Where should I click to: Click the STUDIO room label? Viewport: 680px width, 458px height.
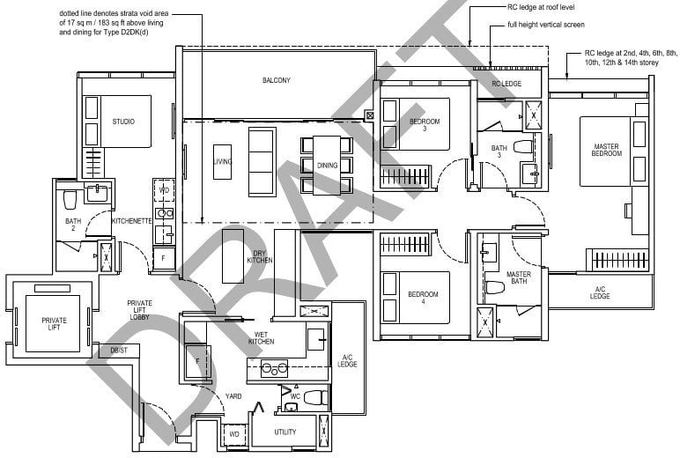point(123,121)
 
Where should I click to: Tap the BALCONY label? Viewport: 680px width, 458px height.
point(277,80)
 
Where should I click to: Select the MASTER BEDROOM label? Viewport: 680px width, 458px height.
point(607,150)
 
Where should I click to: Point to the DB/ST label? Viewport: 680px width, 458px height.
point(119,350)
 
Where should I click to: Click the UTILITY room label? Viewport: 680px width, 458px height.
point(285,432)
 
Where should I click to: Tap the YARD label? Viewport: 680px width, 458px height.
point(233,396)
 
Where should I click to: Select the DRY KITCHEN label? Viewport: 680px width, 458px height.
point(259,257)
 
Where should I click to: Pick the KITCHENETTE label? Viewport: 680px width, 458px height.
point(133,221)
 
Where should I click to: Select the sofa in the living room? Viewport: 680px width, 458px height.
point(262,162)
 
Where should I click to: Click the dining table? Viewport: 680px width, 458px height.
point(326,165)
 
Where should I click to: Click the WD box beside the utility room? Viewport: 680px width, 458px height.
point(233,434)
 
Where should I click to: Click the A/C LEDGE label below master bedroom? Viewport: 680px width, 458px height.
point(600,293)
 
